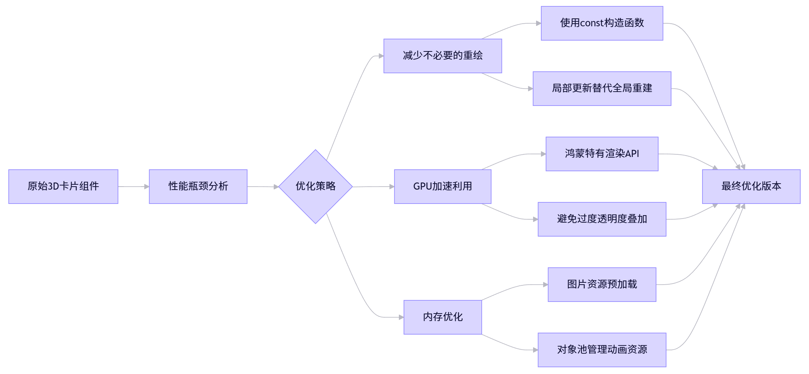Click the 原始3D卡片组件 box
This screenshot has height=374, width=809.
click(63, 186)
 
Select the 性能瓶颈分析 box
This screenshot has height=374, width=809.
click(198, 186)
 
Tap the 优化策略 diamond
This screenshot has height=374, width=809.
click(315, 186)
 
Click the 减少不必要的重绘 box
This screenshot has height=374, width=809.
click(442, 56)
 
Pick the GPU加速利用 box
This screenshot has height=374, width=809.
click(442, 186)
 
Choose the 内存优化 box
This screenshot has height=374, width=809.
click(442, 317)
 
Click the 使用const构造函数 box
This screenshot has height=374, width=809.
click(602, 23)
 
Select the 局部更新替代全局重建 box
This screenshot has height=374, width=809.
click(602, 88)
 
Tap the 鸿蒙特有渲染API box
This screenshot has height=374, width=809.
click(602, 154)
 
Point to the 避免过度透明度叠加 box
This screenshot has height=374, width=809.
click(602, 219)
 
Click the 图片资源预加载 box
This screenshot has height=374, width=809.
click(602, 284)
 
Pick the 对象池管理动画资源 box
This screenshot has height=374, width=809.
click(602, 350)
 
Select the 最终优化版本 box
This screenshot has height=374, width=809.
click(751, 186)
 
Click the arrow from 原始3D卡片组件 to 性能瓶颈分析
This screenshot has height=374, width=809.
click(133, 186)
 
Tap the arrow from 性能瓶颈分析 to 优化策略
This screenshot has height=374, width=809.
click(262, 186)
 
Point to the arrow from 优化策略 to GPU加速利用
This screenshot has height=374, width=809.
click(373, 186)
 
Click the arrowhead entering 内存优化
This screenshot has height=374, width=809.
click(401, 317)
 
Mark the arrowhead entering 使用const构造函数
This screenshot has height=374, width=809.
click(539, 23)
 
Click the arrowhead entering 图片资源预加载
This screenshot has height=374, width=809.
click(545, 285)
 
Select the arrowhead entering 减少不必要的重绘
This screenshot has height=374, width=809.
click(381, 56)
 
